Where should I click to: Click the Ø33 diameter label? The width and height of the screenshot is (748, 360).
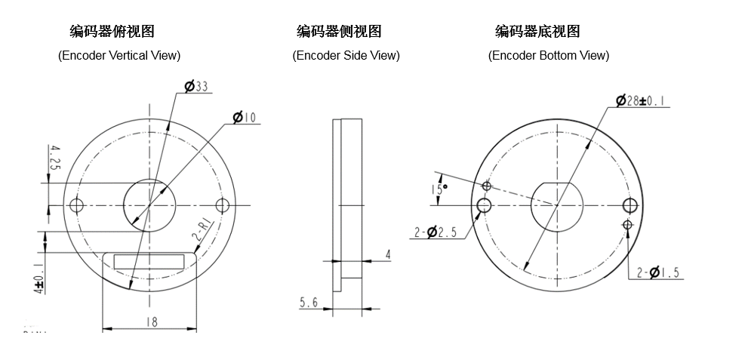197,87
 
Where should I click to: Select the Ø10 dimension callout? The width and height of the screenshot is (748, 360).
245,117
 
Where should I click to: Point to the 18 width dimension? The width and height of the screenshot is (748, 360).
151,322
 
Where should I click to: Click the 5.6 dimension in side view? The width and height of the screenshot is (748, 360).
309,302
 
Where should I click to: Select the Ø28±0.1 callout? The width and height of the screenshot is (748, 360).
644,101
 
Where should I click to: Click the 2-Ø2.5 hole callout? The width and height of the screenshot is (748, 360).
436,233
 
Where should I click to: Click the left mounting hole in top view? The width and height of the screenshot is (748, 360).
75,205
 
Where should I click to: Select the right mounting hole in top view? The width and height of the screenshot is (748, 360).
222,205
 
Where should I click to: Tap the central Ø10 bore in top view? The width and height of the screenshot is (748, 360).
149,205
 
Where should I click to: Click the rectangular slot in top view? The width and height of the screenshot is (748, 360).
149,262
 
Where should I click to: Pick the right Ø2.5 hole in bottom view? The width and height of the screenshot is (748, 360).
630,205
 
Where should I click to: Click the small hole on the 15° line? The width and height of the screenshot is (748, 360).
487,186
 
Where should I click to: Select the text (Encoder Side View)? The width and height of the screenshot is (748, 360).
346,55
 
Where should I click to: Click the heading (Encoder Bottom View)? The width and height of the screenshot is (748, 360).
549,55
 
